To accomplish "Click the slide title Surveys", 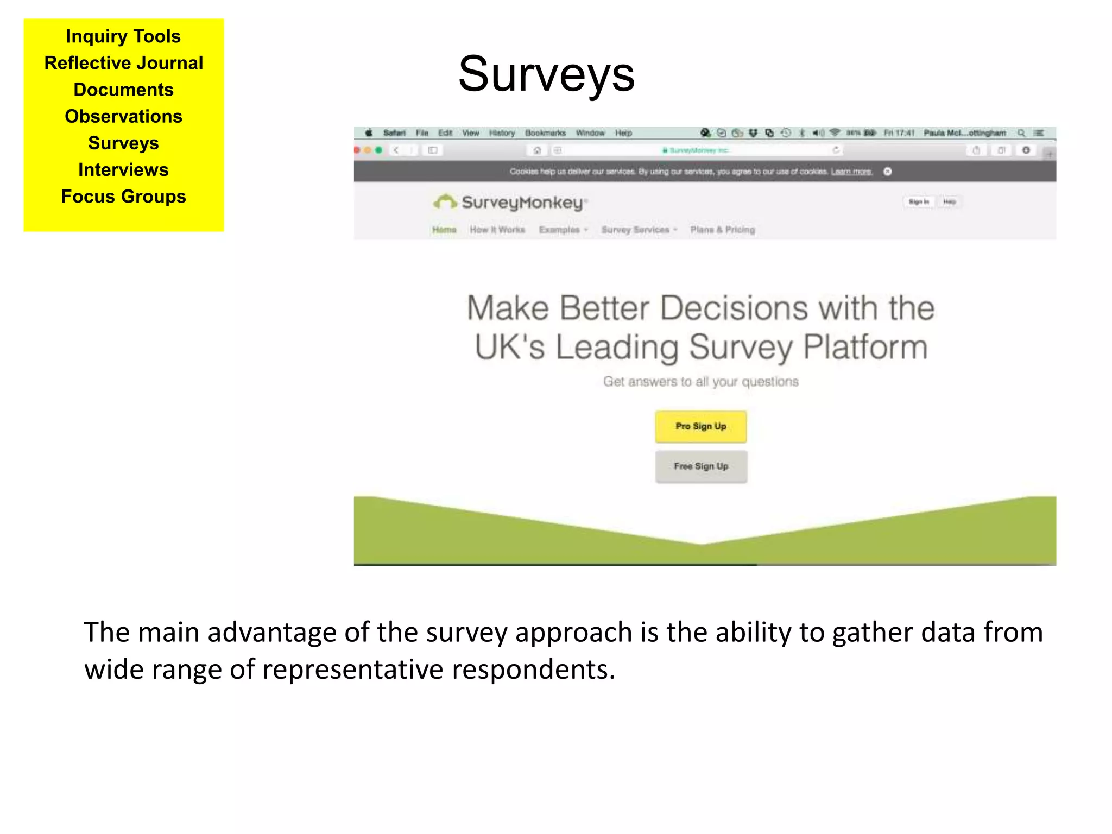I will click(x=546, y=74).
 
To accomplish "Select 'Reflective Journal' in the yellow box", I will click(x=124, y=63).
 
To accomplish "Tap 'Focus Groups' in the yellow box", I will click(x=124, y=197).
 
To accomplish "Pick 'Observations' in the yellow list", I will click(x=124, y=116).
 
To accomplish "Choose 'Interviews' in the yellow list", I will click(x=124, y=170).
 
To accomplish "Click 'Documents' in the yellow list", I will click(x=124, y=90).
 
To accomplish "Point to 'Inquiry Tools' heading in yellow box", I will click(x=124, y=36).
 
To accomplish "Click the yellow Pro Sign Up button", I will click(x=700, y=427).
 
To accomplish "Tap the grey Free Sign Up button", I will click(x=701, y=466).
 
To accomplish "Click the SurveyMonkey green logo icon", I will click(x=445, y=202).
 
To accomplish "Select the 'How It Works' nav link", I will click(x=497, y=230).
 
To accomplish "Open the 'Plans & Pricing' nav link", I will click(x=723, y=230).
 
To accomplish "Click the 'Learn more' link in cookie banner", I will click(x=851, y=172).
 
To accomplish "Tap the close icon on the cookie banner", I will click(x=888, y=172).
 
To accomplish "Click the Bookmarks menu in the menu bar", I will click(x=545, y=133).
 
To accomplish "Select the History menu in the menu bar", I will click(x=502, y=133).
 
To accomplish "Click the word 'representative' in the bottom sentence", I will click(x=352, y=669).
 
